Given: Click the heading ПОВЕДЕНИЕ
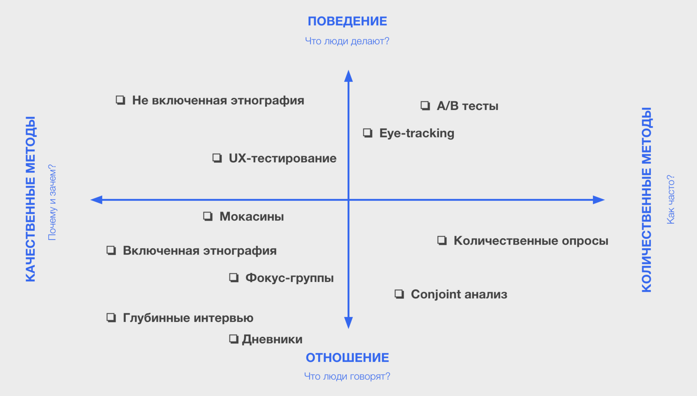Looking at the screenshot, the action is [x=347, y=21].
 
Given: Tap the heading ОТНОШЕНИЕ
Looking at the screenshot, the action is [x=347, y=357].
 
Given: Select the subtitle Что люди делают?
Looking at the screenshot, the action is [x=347, y=41].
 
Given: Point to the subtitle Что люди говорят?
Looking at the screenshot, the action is [x=347, y=376].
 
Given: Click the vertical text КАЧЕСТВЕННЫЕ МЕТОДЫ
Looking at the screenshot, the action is [x=31, y=199].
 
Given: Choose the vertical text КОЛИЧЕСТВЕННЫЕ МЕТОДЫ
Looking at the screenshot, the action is [x=647, y=200].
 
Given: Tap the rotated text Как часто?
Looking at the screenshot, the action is [x=670, y=200].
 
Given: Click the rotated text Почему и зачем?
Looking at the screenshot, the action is [x=52, y=202].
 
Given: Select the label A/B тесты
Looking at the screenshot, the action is [x=467, y=106].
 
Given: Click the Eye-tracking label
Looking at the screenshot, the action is [x=417, y=133].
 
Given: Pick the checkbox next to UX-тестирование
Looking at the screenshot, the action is [x=217, y=158].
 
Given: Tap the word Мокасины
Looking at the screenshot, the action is [x=251, y=217].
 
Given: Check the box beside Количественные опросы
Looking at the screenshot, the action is [x=442, y=241].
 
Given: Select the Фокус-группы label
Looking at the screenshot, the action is [x=289, y=278].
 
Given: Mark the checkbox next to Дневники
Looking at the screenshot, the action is [x=234, y=339].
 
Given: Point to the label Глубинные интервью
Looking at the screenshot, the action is [x=188, y=318].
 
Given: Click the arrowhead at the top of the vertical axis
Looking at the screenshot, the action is [x=348, y=76].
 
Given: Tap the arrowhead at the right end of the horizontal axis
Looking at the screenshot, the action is [x=599, y=200].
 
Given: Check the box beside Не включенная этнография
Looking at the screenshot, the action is [x=120, y=100].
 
